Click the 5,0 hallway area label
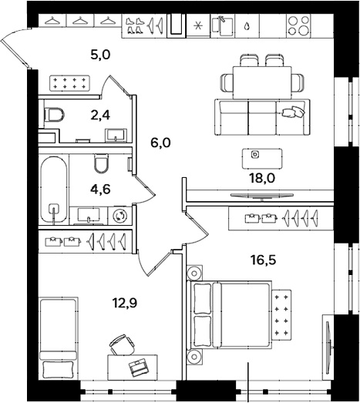pos(100,55)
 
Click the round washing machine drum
pos(119,216)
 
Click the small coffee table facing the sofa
pos(255,156)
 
